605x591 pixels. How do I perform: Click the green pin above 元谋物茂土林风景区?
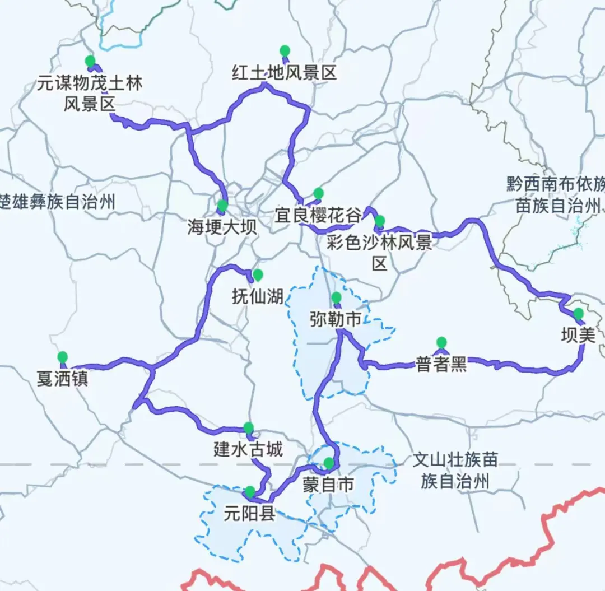point(89,61)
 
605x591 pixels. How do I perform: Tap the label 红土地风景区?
point(285,72)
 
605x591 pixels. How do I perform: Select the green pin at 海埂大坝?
point(222,206)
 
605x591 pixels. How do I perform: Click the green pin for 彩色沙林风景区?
point(380,221)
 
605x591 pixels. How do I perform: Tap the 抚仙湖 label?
point(257,295)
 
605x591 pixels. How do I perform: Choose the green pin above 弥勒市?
point(336,297)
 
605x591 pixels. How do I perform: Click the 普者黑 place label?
point(441,365)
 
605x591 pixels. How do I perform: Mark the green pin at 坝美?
point(578,314)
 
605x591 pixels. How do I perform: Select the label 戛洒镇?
point(62,379)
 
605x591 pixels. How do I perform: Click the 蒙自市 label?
point(329,485)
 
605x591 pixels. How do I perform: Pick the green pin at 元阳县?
point(250,492)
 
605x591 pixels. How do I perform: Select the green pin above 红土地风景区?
point(285,50)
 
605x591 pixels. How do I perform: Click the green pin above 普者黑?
point(441,342)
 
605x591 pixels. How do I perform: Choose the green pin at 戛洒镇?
point(62,357)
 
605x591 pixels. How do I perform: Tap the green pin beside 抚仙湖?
point(258,274)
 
